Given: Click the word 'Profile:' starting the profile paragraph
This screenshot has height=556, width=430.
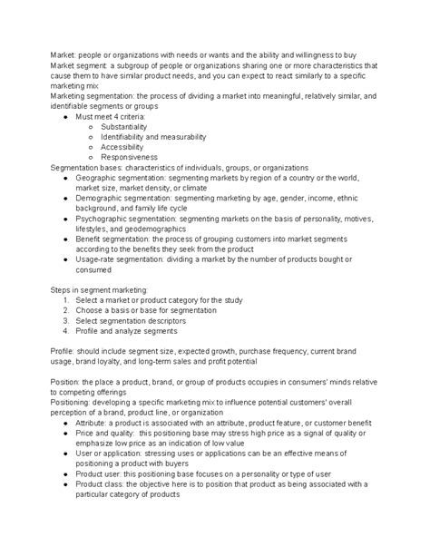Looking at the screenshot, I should [x=64, y=350].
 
